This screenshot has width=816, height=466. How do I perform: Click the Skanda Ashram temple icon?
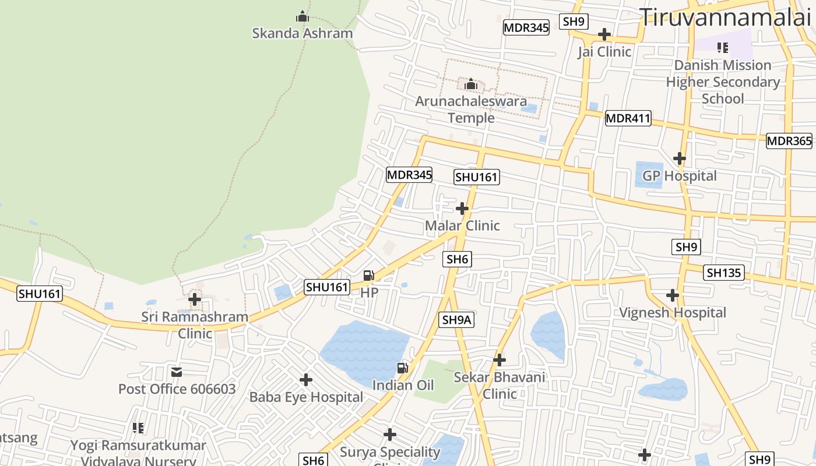click(x=302, y=17)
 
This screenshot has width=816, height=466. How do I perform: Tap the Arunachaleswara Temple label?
click(x=471, y=110)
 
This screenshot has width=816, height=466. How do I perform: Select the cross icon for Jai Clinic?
click(x=604, y=34)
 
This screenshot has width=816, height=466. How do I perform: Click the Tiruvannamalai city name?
click(x=725, y=17)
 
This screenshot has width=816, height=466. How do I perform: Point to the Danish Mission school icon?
click(x=723, y=48)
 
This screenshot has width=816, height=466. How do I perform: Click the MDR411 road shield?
click(x=628, y=119)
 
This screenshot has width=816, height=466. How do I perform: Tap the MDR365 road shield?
click(x=789, y=141)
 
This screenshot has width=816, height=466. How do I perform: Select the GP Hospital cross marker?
click(x=679, y=158)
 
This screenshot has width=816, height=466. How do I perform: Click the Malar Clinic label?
click(x=462, y=226)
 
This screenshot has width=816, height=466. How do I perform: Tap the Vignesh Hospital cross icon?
click(x=673, y=295)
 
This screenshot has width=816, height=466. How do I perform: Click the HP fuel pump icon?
click(x=369, y=276)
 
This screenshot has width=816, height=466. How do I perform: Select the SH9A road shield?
click(x=456, y=319)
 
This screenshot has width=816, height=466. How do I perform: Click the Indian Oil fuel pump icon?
click(x=402, y=368)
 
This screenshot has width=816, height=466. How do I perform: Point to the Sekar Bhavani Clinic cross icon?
click(x=500, y=360)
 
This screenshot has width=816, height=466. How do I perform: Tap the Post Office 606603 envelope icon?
click(x=177, y=372)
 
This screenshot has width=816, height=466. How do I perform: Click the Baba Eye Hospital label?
click(x=306, y=397)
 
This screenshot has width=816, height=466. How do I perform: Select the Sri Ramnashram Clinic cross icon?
click(x=195, y=300)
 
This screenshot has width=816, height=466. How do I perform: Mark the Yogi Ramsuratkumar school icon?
click(x=138, y=428)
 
